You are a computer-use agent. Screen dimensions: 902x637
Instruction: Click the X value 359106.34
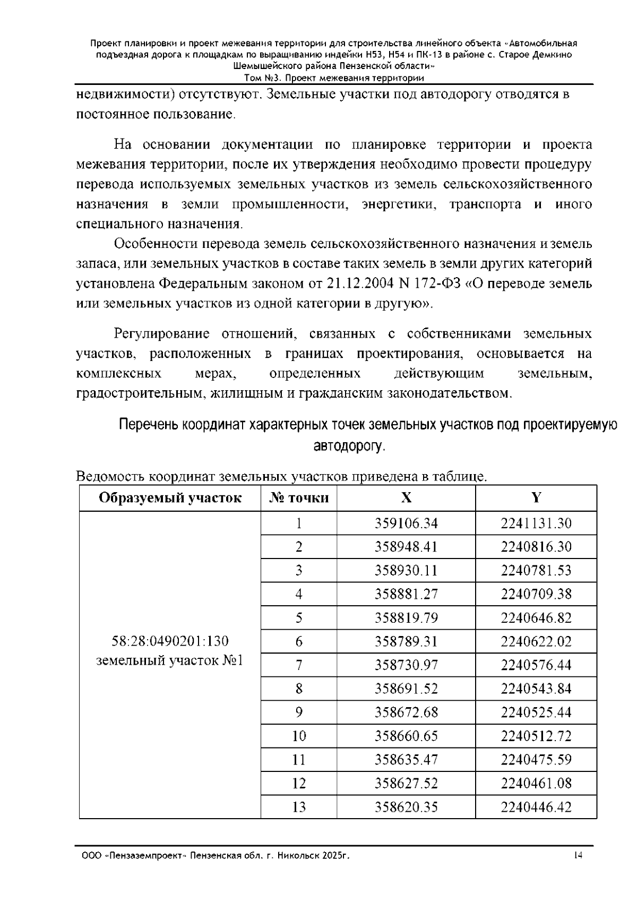(x=406, y=523)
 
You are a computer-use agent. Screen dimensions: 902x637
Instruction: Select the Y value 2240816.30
(x=536, y=547)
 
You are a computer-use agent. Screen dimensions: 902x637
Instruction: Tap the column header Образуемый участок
(x=170, y=498)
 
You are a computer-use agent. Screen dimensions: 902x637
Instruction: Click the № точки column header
(x=299, y=498)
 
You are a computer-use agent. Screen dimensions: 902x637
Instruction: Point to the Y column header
(x=536, y=497)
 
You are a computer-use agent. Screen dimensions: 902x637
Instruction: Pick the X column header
(x=406, y=497)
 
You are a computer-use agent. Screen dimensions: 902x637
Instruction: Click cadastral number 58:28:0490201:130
(x=170, y=641)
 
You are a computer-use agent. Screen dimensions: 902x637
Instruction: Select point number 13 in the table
(x=299, y=807)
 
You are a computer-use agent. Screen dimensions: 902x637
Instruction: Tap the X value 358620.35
(x=406, y=807)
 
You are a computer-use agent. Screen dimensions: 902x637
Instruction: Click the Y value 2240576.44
(x=536, y=665)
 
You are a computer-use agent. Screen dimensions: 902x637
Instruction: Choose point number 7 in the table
(x=299, y=665)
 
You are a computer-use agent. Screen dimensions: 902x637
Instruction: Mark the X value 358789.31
(x=406, y=642)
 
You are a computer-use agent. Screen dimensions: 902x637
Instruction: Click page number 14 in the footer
(x=578, y=856)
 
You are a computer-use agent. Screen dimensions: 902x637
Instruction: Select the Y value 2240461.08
(x=536, y=784)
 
